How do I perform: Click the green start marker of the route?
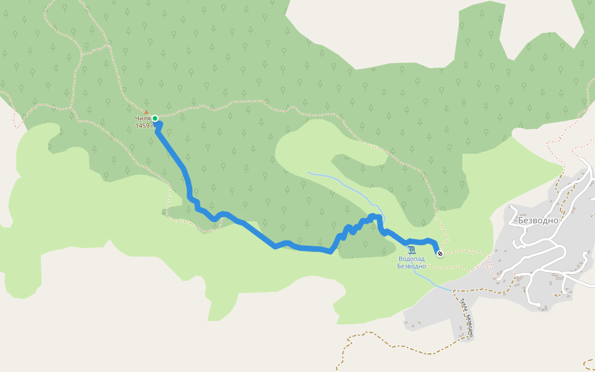tap(155, 118)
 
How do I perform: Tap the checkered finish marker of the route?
tap(439, 253)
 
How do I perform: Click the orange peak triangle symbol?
tap(146, 112)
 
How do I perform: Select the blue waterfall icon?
tap(412, 250)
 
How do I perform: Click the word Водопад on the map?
tap(412, 259)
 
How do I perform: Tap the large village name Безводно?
tap(538, 220)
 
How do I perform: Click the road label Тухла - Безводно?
tap(467, 318)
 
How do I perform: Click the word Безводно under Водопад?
tap(412, 266)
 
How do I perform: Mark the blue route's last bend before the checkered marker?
tap(433, 242)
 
